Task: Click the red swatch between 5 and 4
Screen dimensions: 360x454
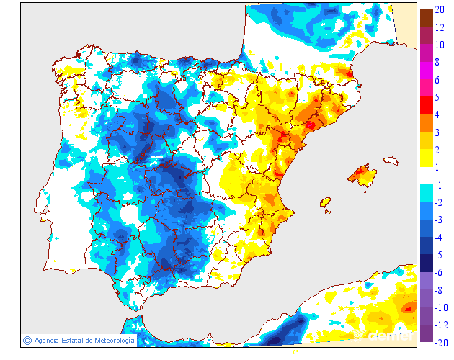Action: click(426, 106)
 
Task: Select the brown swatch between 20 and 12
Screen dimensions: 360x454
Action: click(426, 18)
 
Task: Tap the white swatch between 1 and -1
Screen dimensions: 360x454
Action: click(426, 176)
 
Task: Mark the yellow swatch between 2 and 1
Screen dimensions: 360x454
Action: click(426, 158)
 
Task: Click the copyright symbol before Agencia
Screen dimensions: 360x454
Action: click(27, 340)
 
